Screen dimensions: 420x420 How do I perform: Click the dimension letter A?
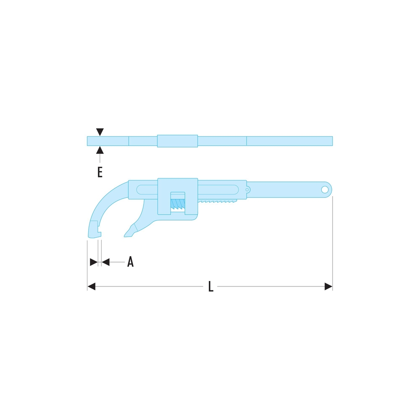click(x=131, y=262)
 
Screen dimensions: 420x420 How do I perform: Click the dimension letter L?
click(x=211, y=286)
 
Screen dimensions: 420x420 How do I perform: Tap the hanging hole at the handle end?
click(x=325, y=190)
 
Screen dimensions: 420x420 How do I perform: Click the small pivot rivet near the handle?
click(x=247, y=190)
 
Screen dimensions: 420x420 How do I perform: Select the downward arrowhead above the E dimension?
click(x=100, y=132)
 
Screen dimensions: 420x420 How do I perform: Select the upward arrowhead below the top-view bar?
click(x=100, y=150)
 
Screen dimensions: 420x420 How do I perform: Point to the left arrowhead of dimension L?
click(x=92, y=286)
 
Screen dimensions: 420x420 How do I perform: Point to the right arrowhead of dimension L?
click(x=328, y=286)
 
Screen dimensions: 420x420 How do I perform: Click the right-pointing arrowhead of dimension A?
click(x=94, y=262)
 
